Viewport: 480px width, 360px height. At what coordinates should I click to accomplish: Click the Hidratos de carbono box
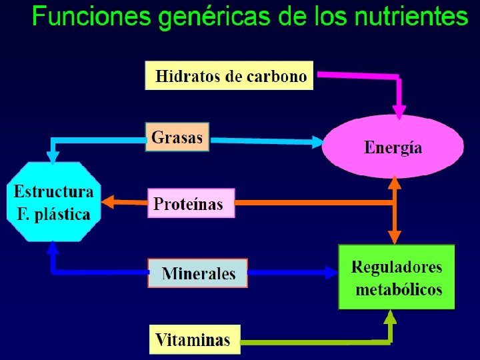230,75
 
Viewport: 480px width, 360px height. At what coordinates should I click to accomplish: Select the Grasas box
177,137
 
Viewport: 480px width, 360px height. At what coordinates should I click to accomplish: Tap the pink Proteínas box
191,203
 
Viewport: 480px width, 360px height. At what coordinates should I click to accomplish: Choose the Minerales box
198,273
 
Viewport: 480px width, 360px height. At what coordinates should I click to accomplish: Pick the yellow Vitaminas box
193,339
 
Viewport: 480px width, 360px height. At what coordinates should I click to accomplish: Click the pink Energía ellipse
393,147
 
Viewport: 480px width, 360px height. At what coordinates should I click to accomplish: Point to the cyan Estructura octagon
54,202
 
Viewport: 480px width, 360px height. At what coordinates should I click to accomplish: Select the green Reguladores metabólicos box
396,277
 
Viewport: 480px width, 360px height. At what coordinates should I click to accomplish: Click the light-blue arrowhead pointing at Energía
317,141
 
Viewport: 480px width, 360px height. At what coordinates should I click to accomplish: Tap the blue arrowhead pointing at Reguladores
331,273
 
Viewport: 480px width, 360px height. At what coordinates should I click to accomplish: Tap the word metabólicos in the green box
399,290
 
